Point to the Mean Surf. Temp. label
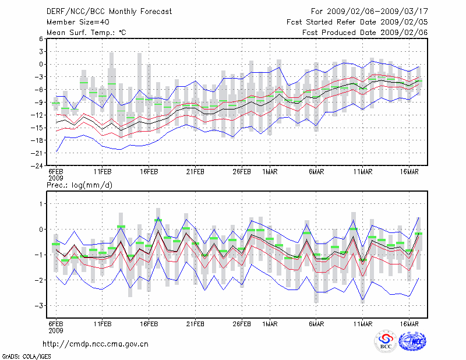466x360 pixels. (x=86, y=33)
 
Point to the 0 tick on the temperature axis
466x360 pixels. (x=40, y=64)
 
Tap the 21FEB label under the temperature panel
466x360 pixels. (x=195, y=172)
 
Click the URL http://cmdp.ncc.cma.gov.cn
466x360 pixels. (x=96, y=344)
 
